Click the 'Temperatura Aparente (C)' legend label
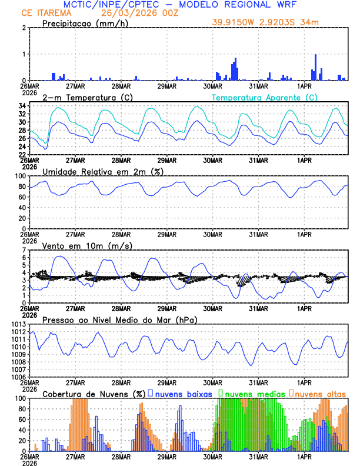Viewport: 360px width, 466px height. point(265,96)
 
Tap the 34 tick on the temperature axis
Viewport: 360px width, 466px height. point(22,106)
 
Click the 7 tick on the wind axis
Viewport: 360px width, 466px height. point(24,250)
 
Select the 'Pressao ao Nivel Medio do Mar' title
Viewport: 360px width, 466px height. point(119,320)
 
